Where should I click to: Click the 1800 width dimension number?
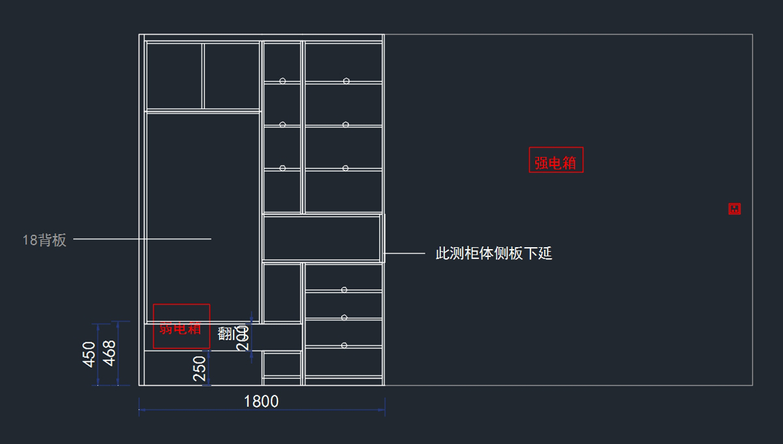tap(261, 402)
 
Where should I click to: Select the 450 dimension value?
tap(90, 354)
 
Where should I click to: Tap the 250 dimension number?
tap(200, 368)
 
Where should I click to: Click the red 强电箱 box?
tap(556, 160)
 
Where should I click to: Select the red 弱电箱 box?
tap(181, 326)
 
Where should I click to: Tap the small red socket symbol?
tap(735, 209)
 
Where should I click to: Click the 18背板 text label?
tap(44, 240)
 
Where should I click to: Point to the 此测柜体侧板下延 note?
tap(494, 254)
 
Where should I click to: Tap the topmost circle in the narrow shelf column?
tap(283, 81)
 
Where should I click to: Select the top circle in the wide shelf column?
tap(346, 81)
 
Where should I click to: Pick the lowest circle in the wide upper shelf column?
tap(345, 168)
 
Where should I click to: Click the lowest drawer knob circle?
tap(344, 345)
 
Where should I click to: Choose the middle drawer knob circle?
tap(344, 318)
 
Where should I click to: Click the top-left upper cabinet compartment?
tap(174, 76)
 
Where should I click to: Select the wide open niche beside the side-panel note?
tap(322, 237)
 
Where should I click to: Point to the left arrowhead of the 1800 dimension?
tap(142, 410)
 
